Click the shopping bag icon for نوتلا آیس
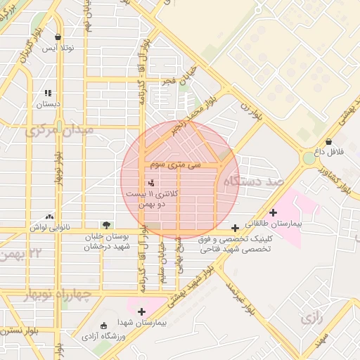(x=58, y=37)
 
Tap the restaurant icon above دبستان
(x=48, y=93)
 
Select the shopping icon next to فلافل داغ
(x=329, y=141)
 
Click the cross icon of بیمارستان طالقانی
(x=273, y=212)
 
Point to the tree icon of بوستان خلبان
(x=105, y=225)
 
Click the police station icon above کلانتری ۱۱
(x=153, y=183)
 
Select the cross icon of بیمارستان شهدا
(x=142, y=311)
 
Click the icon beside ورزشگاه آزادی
(x=104, y=326)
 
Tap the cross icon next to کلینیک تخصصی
(x=235, y=228)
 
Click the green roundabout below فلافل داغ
(x=309, y=158)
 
